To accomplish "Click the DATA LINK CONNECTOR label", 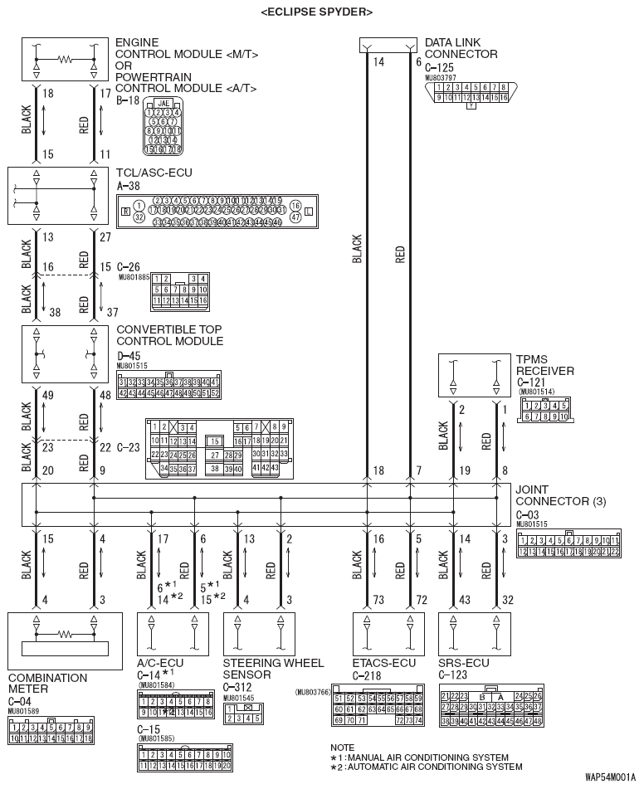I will tap(461, 48).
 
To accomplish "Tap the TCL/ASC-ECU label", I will tap(155, 175).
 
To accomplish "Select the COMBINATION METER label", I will tap(47, 683).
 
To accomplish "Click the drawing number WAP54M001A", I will tap(612, 777).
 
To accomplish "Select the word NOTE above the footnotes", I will tap(342, 748).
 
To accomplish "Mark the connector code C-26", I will tap(129, 266).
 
